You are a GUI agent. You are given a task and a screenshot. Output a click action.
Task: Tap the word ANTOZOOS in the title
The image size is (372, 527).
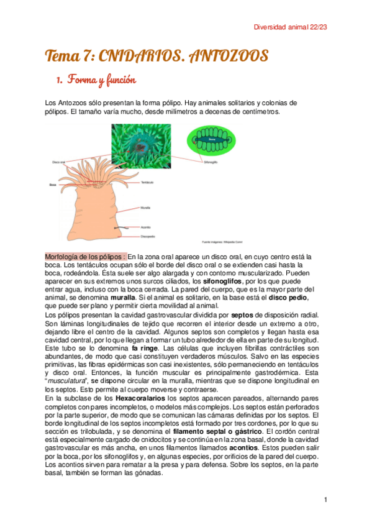point(223,57)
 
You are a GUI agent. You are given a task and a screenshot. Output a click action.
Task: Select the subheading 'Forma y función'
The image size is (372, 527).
point(105,81)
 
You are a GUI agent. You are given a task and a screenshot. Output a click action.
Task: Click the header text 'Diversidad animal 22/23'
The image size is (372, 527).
point(291,27)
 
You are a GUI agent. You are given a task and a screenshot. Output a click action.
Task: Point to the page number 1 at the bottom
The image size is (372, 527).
point(325,500)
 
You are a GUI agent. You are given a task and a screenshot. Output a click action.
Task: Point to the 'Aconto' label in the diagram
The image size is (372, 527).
point(146,227)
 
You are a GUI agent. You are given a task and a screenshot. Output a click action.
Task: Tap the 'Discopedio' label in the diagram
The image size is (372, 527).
point(148,236)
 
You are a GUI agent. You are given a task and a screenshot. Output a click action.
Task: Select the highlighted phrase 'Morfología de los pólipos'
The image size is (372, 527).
point(85,256)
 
